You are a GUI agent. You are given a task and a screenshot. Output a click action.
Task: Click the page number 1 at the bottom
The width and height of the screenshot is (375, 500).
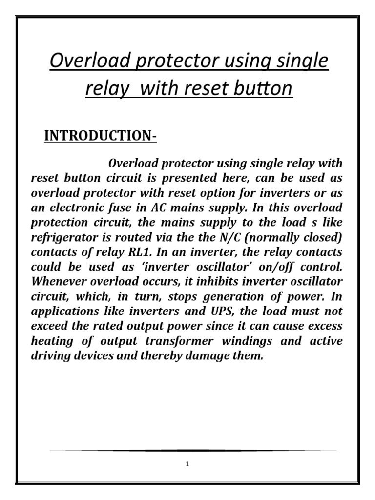tap(187, 464)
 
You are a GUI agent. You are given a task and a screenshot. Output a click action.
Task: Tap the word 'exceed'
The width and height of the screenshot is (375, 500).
tap(48, 326)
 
